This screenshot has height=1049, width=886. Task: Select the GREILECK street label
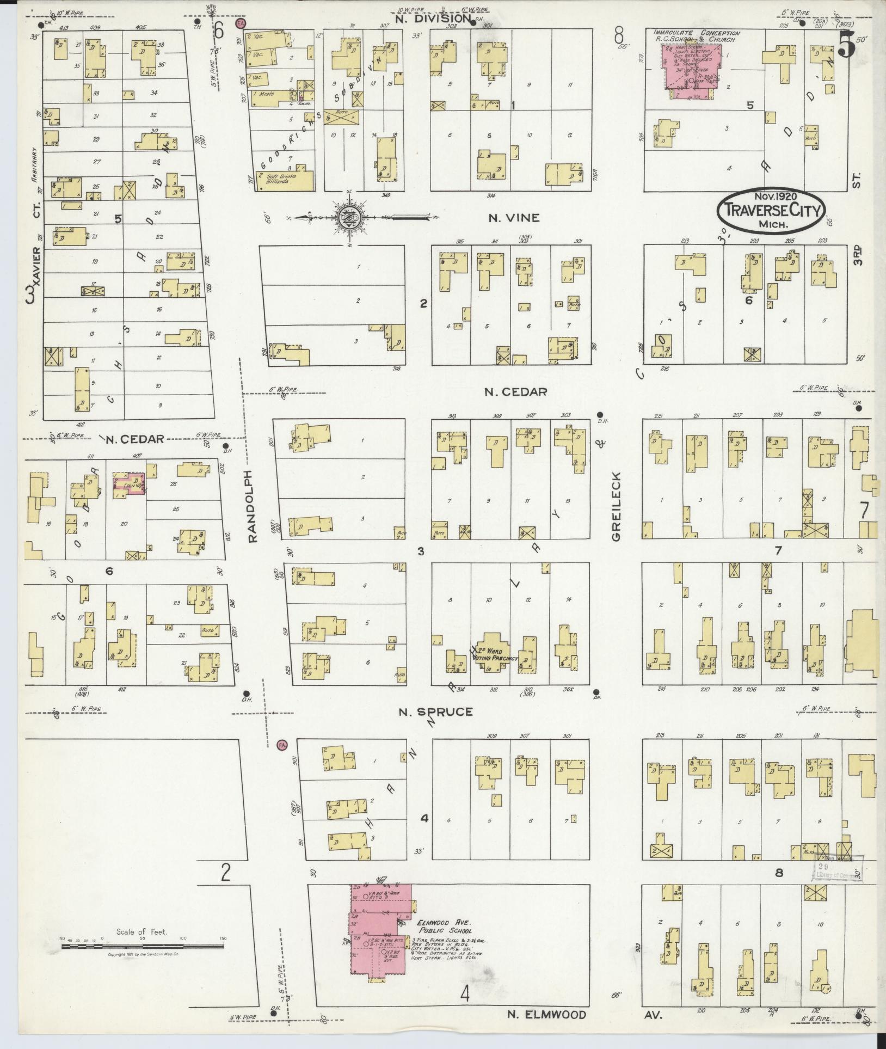[x=616, y=506]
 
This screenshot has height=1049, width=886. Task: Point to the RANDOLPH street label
[x=252, y=506]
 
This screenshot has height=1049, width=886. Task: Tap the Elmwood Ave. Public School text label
[x=445, y=927]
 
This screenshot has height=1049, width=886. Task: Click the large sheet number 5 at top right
[x=846, y=45]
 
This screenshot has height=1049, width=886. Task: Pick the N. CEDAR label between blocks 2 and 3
[x=515, y=391]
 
